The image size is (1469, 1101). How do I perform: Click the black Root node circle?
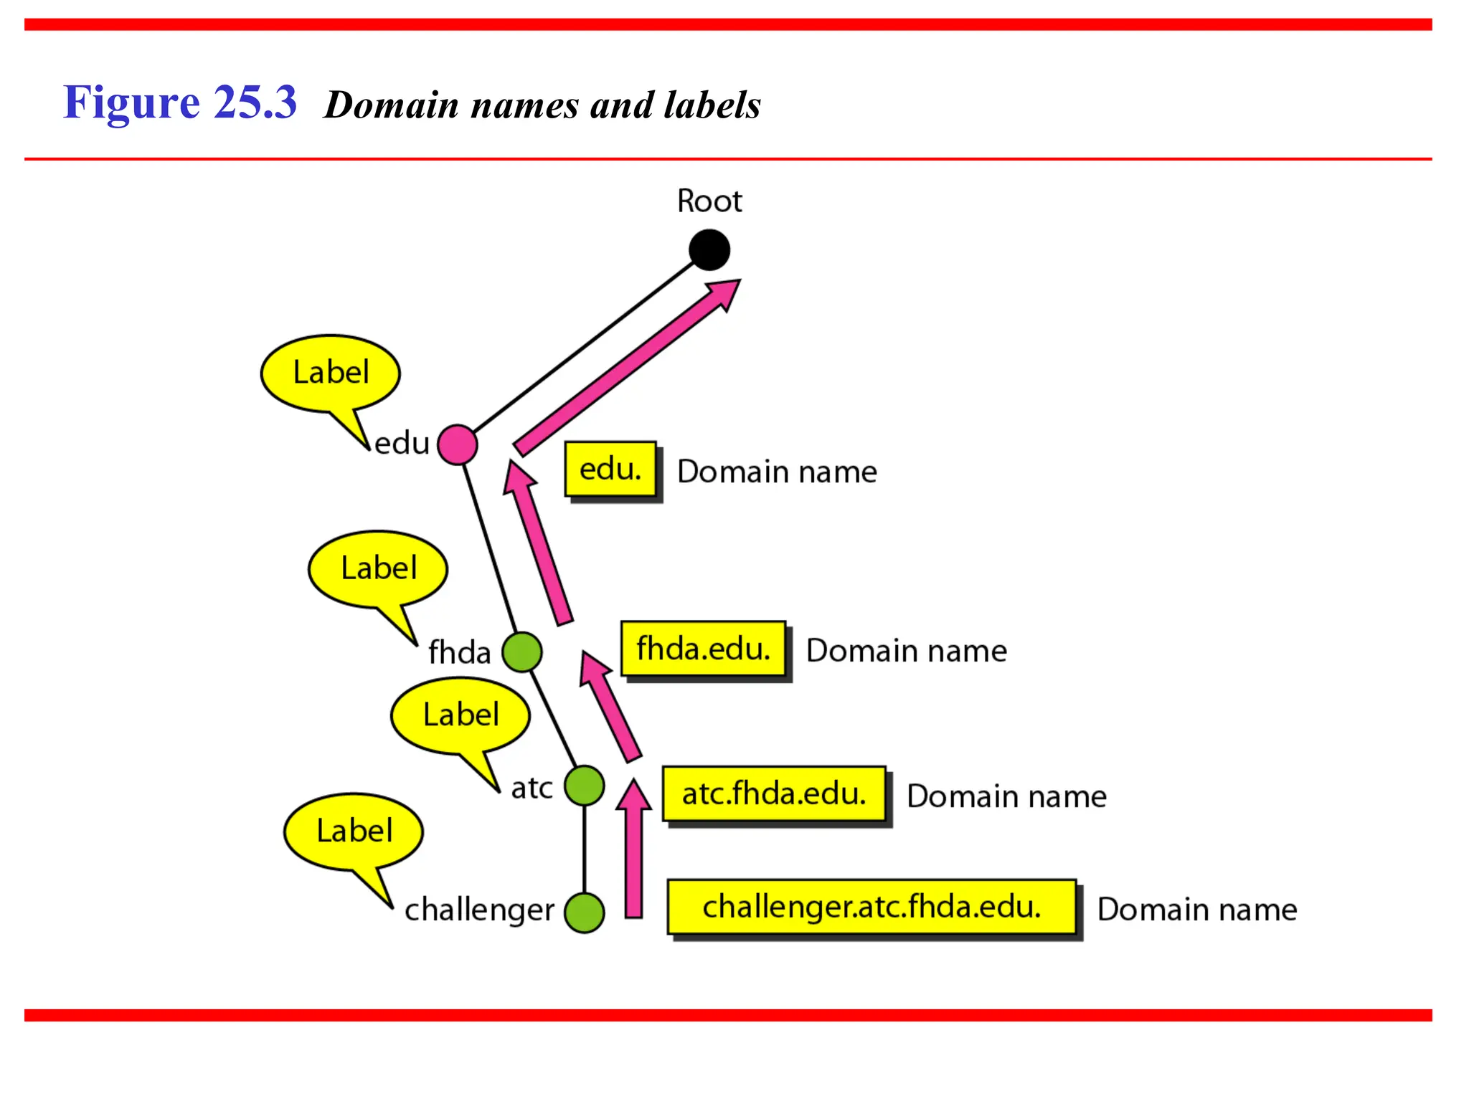709,250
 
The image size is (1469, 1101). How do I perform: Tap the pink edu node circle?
457,444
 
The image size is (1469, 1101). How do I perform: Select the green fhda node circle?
521,652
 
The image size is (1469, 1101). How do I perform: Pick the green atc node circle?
584,786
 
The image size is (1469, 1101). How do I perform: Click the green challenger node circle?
584,912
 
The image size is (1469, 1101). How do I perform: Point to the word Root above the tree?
709,201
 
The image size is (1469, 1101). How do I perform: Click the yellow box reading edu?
610,470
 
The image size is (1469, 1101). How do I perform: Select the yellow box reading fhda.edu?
703,649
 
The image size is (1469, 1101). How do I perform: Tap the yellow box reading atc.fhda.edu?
773,793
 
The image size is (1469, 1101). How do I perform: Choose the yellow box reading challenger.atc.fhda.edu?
871,907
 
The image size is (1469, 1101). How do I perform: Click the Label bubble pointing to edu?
331,373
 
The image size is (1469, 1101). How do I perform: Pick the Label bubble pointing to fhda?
378,569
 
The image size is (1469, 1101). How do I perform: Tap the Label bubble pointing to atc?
460,715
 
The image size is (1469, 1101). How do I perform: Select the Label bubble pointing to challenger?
354,831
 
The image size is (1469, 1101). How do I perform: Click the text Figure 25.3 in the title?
179,103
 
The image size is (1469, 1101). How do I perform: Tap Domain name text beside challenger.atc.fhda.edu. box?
1196,910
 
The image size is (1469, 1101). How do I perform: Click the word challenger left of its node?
479,910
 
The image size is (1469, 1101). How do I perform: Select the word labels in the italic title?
712,105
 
